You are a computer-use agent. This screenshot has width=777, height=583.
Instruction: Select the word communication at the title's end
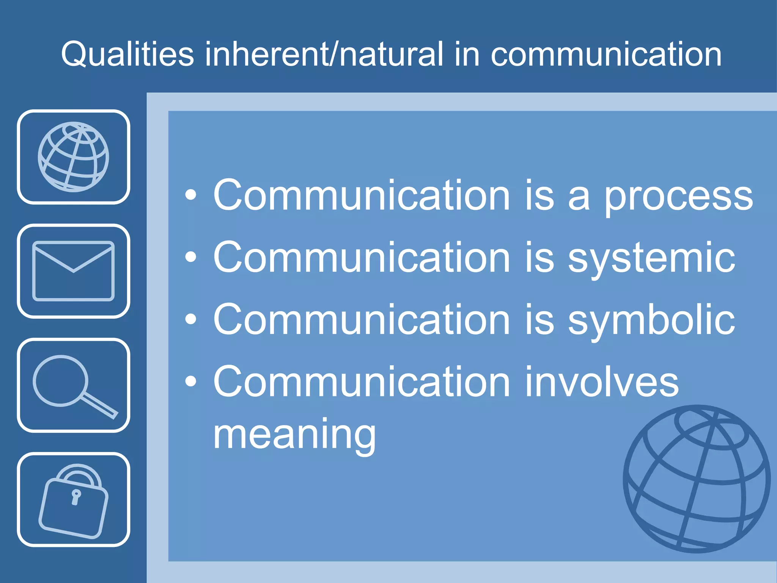(x=606, y=54)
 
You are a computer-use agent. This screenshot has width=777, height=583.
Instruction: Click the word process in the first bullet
(x=678, y=196)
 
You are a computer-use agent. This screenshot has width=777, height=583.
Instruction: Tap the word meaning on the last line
(x=294, y=435)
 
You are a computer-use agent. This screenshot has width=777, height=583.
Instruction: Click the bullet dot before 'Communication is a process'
(x=191, y=195)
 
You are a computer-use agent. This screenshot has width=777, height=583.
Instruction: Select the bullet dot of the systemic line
(x=191, y=258)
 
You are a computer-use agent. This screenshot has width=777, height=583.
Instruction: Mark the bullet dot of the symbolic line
(x=191, y=320)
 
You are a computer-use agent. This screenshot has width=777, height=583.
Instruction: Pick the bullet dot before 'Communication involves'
(x=191, y=381)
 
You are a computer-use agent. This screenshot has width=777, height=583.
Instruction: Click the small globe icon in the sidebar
(x=73, y=157)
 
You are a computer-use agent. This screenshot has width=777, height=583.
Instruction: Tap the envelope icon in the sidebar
(x=73, y=271)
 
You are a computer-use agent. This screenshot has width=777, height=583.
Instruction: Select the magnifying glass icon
(x=73, y=385)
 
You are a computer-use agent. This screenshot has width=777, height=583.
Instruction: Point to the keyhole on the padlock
(x=76, y=496)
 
